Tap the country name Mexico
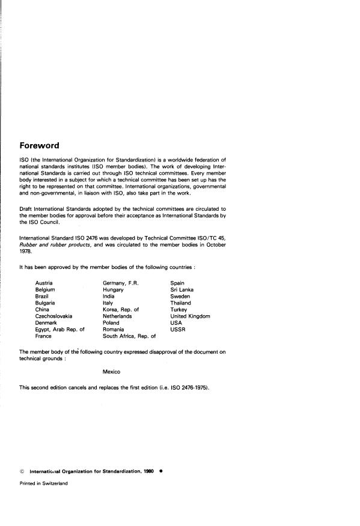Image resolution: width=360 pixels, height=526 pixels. [111, 372]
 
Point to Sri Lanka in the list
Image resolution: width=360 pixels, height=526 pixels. [182, 289]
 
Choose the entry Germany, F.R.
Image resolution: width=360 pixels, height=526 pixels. [121, 282]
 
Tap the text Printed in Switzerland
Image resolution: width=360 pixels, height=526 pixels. [43, 483]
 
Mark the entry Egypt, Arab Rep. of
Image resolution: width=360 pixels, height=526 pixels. [60, 330]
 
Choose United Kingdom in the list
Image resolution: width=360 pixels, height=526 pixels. [190, 316]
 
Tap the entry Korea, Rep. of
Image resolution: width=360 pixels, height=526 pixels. [121, 309]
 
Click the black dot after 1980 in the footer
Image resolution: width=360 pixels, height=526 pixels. [161, 471]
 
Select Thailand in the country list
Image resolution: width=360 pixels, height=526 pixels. [180, 303]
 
